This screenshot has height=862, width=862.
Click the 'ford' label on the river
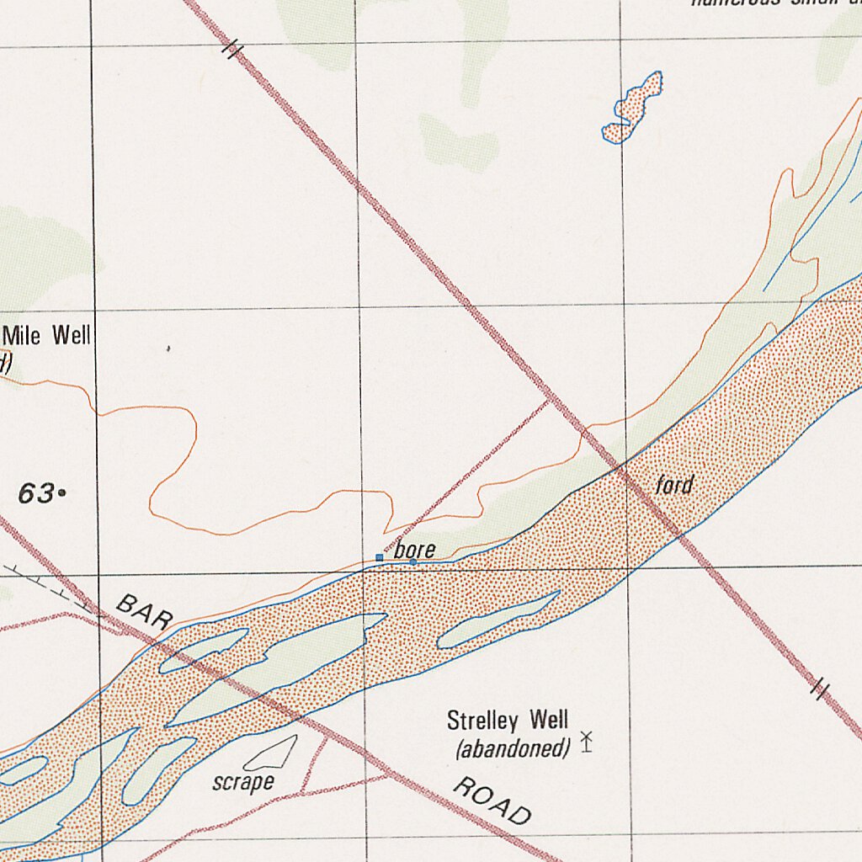click(674, 485)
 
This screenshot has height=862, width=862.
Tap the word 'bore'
click(415, 551)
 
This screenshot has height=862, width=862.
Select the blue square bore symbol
click(380, 557)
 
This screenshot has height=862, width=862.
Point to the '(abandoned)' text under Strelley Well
click(513, 748)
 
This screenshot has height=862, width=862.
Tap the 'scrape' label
click(243, 782)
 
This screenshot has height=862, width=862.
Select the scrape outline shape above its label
click(271, 753)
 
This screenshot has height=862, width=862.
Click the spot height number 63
click(36, 494)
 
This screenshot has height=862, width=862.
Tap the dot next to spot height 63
click(62, 494)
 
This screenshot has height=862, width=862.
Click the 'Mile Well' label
click(47, 336)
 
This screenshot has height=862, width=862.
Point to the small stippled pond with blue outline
click(633, 108)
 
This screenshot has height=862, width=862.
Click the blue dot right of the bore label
click(412, 561)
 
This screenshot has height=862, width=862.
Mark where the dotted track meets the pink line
click(549, 402)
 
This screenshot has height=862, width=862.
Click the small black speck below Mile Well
click(168, 348)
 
